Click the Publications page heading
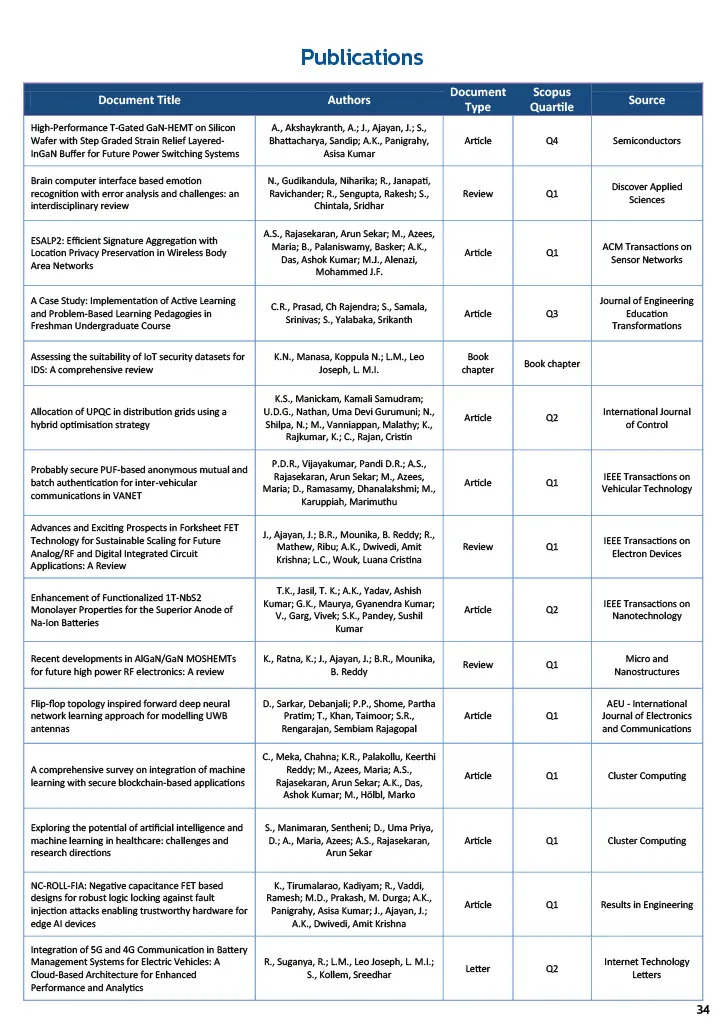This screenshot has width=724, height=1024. (x=362, y=57)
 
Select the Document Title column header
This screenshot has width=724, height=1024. (x=140, y=100)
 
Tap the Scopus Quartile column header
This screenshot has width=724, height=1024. (x=552, y=100)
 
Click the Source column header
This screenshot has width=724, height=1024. (x=646, y=100)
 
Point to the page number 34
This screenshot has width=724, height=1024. (x=702, y=1009)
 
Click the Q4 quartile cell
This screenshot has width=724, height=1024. (x=552, y=141)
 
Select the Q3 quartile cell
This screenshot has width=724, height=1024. (x=552, y=313)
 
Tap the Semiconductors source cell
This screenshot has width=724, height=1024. (x=646, y=141)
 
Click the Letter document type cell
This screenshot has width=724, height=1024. (x=477, y=968)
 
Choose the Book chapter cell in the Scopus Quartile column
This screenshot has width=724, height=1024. (x=552, y=363)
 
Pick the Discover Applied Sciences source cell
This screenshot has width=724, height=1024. (x=646, y=193)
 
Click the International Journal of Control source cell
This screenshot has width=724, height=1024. (x=646, y=418)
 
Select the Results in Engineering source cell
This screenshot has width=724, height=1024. (x=646, y=905)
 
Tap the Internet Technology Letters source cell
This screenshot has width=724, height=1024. (x=646, y=968)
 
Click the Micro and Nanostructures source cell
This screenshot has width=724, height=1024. (x=646, y=665)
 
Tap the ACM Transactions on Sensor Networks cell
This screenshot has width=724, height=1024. (x=646, y=253)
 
